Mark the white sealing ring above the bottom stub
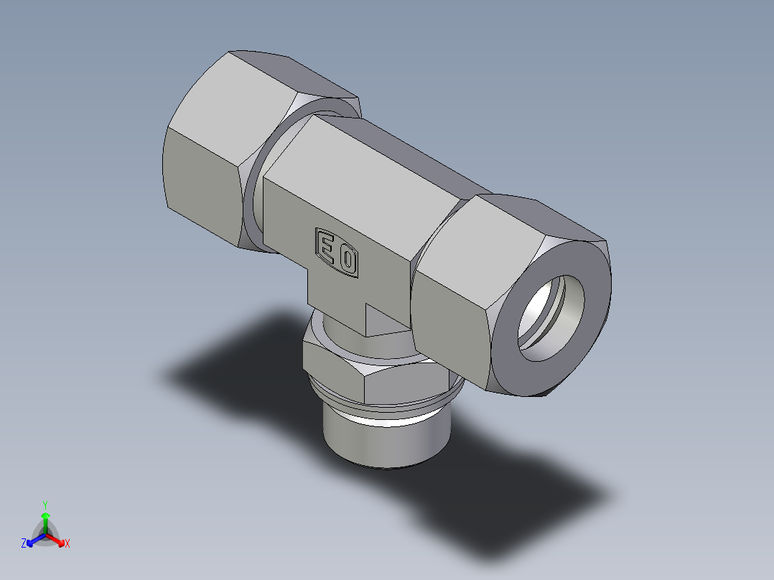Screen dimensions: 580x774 pos(388,416)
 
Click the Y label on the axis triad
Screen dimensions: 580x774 pos(45,504)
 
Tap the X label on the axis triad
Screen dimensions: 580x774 pos(67,544)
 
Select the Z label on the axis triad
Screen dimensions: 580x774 pos(24,544)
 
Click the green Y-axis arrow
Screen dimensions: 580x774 pos(45,520)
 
